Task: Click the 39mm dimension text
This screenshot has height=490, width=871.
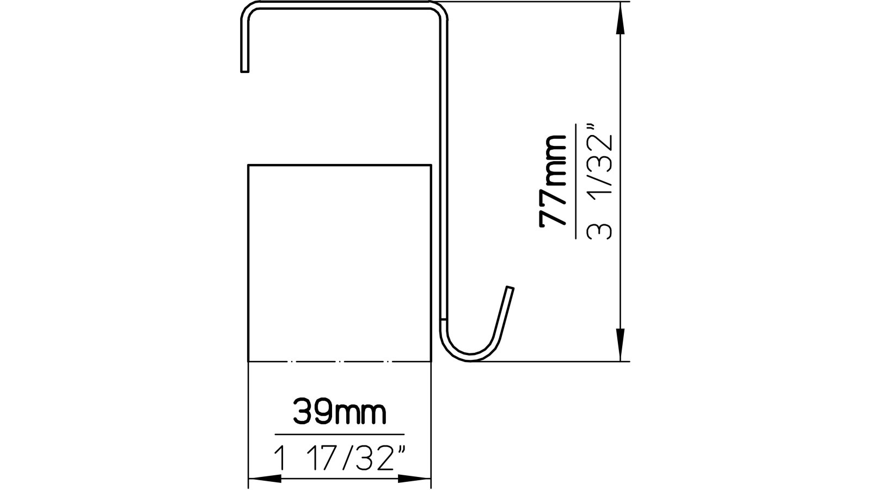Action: click(340, 413)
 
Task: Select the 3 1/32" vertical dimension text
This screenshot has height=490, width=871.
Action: click(600, 183)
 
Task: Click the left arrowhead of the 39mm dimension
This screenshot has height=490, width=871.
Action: click(263, 479)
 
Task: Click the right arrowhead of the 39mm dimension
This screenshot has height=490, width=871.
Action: click(416, 479)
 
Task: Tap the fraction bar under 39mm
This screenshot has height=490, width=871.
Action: click(340, 434)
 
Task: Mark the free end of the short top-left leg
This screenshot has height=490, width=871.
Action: click(244, 69)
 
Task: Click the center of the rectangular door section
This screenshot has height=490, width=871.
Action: click(340, 262)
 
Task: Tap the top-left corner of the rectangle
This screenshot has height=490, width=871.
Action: click(249, 164)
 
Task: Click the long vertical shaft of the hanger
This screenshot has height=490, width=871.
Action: click(444, 163)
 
